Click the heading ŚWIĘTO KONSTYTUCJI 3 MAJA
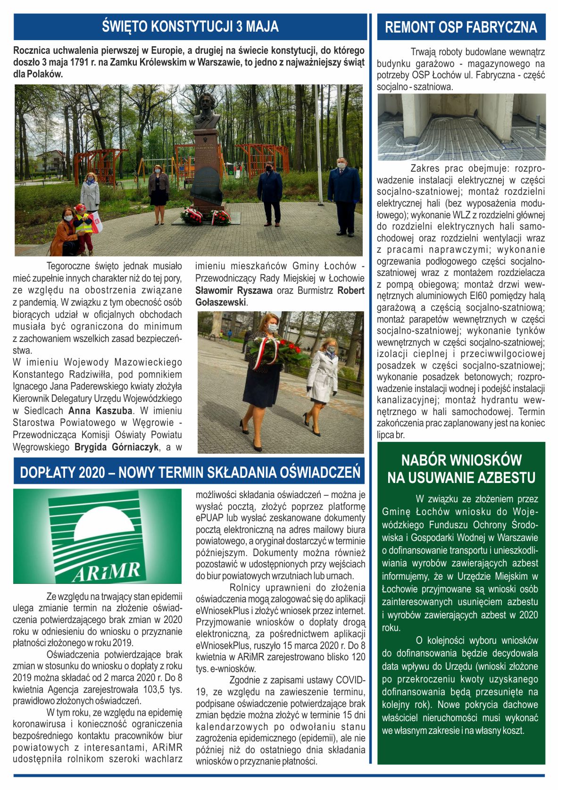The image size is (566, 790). [190, 26]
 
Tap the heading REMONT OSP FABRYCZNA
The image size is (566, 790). [461, 27]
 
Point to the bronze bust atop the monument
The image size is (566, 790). [207, 111]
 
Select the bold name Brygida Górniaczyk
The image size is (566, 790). [117, 447]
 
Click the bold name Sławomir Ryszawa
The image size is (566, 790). [234, 291]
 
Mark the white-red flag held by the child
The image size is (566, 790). [97, 222]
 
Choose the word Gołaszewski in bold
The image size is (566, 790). [221, 302]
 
